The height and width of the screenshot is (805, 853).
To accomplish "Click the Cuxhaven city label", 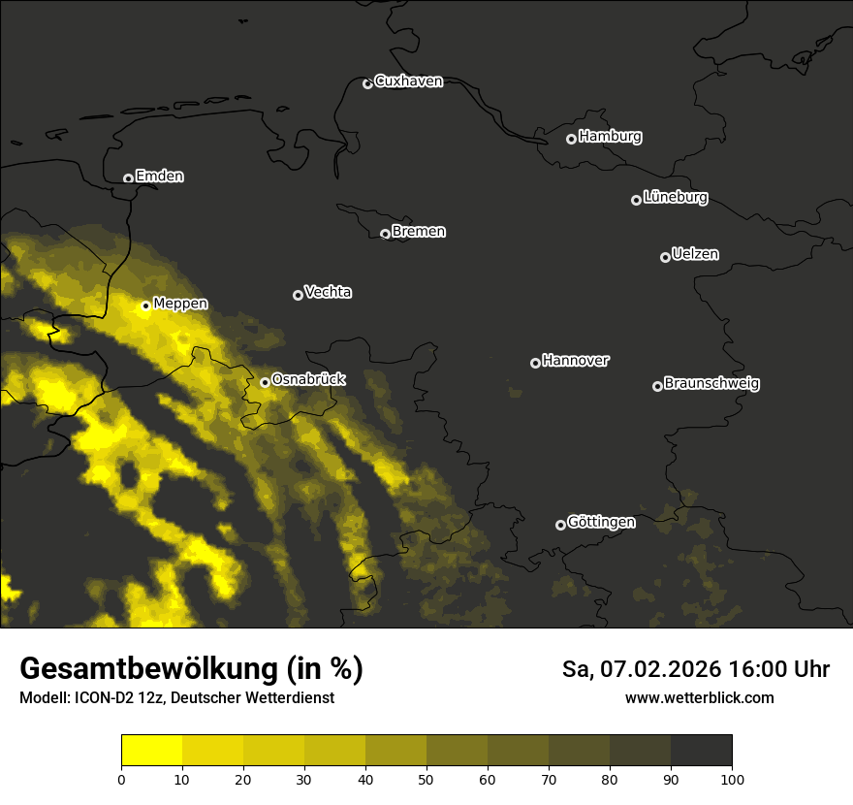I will [408, 81].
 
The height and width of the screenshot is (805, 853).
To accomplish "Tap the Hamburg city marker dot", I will [571, 139].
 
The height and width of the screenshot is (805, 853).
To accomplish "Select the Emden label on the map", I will [159, 177].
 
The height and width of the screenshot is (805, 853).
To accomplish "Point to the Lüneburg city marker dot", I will [636, 200].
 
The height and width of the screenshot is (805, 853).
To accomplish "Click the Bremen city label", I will [419, 232].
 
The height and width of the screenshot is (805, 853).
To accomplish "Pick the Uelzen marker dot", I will [665, 257].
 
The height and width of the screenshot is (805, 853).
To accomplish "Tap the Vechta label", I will [328, 292].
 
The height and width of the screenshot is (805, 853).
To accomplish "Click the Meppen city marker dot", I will [145, 306].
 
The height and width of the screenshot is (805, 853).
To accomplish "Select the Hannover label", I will [576, 361].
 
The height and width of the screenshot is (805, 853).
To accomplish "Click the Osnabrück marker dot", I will [265, 382].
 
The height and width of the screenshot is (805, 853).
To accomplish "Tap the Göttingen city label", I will [601, 523].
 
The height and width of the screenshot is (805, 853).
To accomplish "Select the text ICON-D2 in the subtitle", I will [104, 698].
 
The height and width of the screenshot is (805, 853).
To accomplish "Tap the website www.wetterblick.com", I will [699, 697].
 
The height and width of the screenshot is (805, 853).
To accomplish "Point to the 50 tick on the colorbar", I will [426, 778].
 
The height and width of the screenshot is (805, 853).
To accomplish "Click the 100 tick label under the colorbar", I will [732, 778].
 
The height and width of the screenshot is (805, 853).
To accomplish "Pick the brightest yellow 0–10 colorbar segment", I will [152, 751].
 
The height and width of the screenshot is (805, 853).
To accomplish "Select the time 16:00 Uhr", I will [781, 669].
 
